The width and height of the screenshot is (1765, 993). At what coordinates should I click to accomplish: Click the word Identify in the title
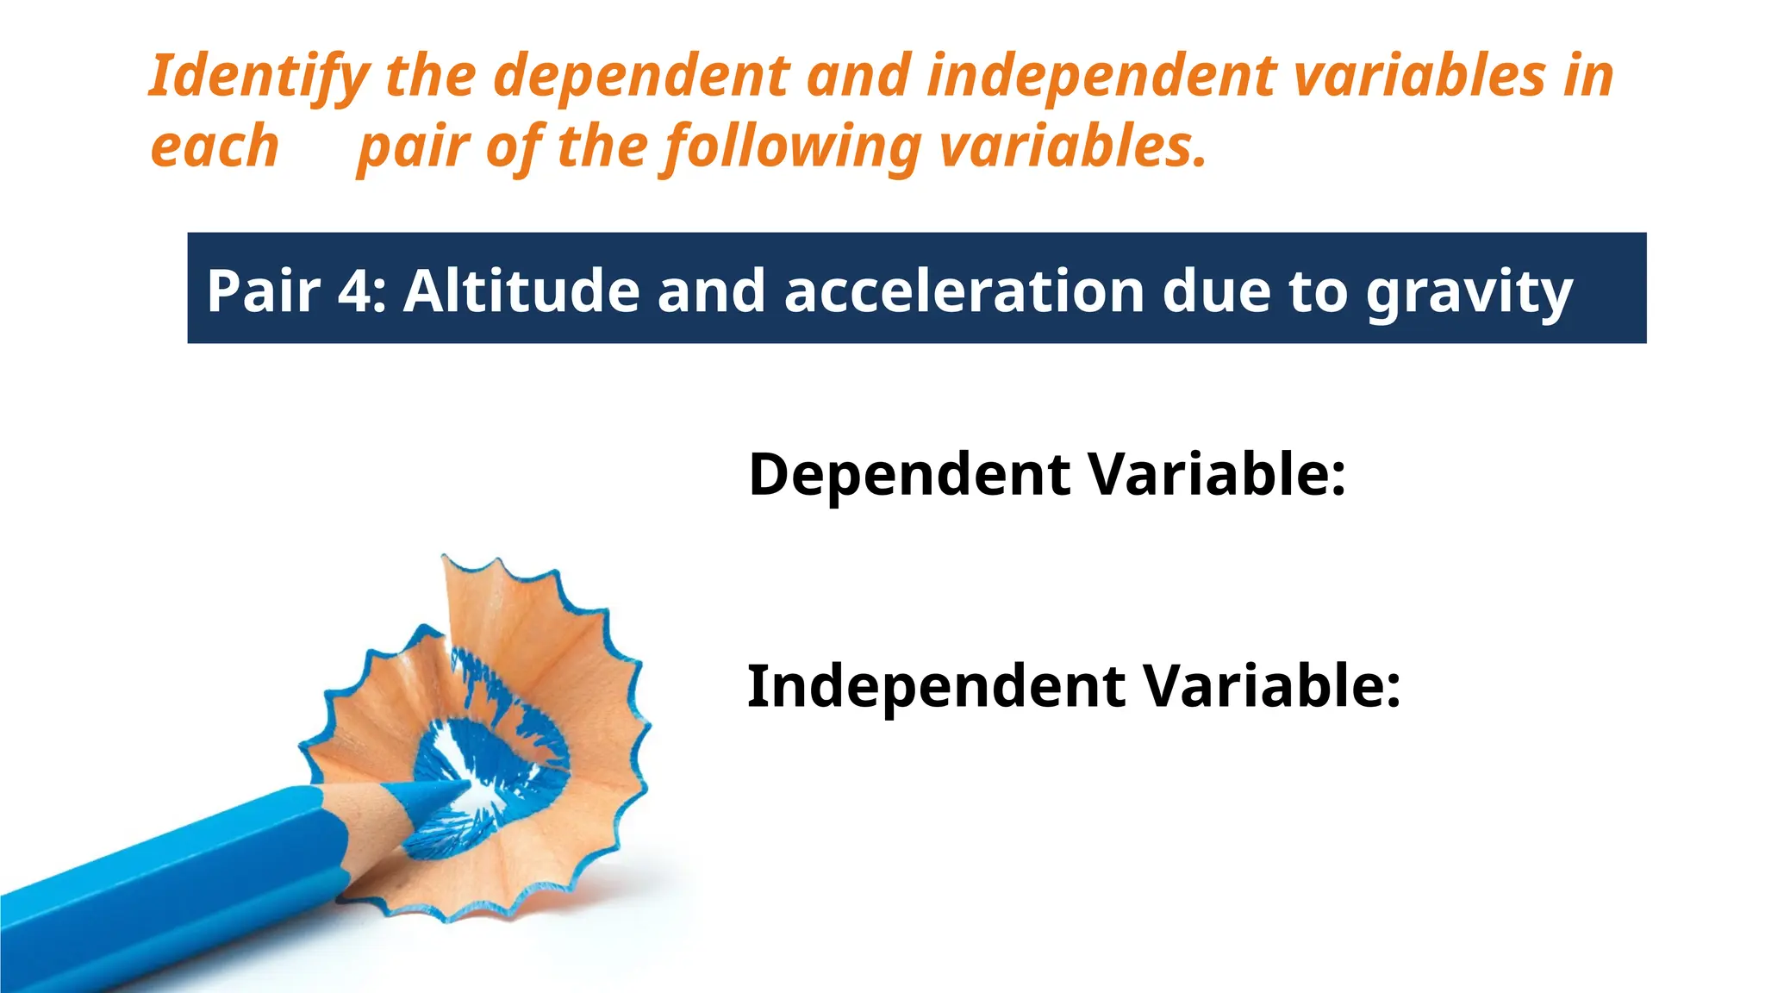(259, 76)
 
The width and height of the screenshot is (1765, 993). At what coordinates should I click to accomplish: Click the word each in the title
(215, 147)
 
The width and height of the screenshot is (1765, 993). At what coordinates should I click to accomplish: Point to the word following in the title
(793, 147)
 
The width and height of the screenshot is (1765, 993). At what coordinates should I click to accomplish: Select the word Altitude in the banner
(521, 290)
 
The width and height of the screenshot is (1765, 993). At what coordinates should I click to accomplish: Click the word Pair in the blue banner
(264, 290)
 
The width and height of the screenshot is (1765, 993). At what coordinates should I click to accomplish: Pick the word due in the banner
(1216, 290)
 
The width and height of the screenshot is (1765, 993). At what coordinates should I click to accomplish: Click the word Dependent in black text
(909, 475)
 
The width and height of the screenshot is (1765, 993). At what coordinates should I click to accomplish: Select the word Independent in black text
(936, 687)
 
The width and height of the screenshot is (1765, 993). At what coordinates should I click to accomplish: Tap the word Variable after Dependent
(1215, 475)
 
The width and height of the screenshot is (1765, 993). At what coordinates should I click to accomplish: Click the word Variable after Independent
(1271, 687)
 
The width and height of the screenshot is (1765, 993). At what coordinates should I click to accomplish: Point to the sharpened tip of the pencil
(461, 784)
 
